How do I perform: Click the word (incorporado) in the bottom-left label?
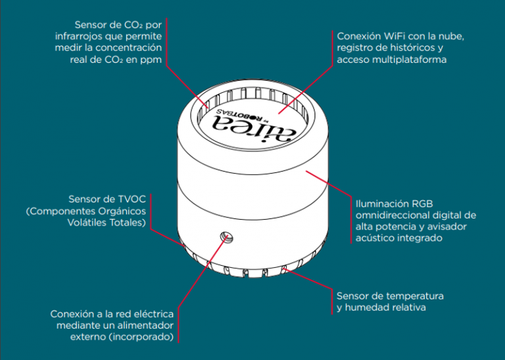tap(143, 337)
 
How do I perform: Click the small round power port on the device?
tap(226, 236)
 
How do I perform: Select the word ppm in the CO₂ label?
tap(150, 60)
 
